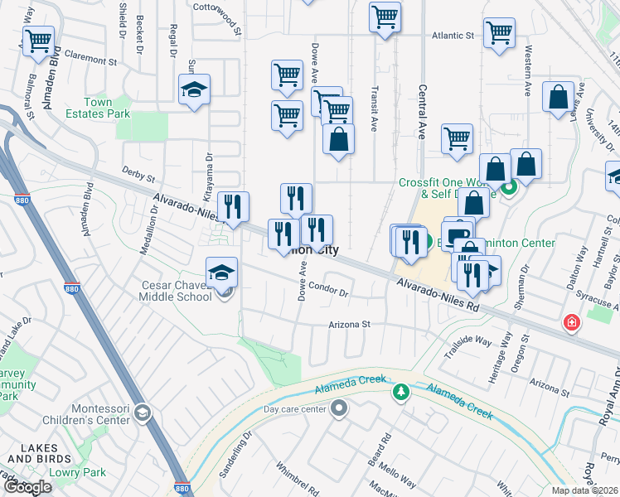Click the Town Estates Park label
click(x=98, y=108)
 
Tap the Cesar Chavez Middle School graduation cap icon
click(x=221, y=273)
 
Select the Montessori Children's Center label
click(x=90, y=414)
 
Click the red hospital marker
click(x=571, y=322)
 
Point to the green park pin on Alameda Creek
click(x=401, y=391)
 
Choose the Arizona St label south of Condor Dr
click(x=347, y=325)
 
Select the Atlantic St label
click(x=452, y=36)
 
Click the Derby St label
click(x=138, y=175)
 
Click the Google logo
click(x=27, y=486)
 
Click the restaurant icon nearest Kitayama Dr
click(x=233, y=207)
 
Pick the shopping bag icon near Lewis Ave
click(x=558, y=96)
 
